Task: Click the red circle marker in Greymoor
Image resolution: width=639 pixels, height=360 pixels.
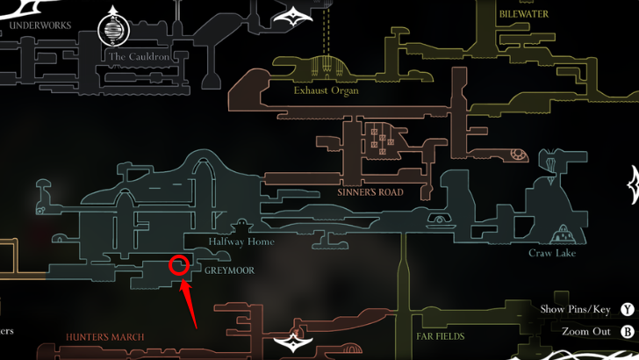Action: pyautogui.click(x=179, y=264)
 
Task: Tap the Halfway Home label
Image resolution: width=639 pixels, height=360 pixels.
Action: pyautogui.click(x=241, y=241)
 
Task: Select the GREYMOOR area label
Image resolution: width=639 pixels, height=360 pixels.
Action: pyautogui.click(x=229, y=270)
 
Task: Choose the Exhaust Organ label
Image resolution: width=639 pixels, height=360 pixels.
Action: pyautogui.click(x=327, y=90)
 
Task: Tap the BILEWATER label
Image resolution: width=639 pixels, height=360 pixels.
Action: pyautogui.click(x=524, y=14)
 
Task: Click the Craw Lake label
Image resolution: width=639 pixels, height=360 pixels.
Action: pyautogui.click(x=552, y=254)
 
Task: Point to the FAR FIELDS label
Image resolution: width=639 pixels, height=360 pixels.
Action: pyautogui.click(x=439, y=335)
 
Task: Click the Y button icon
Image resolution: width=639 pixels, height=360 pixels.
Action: pyautogui.click(x=627, y=309)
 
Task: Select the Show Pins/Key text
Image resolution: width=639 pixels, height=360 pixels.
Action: pyautogui.click(x=575, y=309)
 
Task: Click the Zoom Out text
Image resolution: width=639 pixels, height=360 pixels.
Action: pyautogui.click(x=587, y=332)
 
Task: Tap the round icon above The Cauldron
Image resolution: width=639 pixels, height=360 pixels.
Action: pyautogui.click(x=113, y=30)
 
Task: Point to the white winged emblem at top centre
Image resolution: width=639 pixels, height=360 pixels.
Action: pyautogui.click(x=295, y=15)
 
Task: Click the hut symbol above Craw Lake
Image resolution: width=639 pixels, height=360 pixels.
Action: pyautogui.click(x=561, y=235)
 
